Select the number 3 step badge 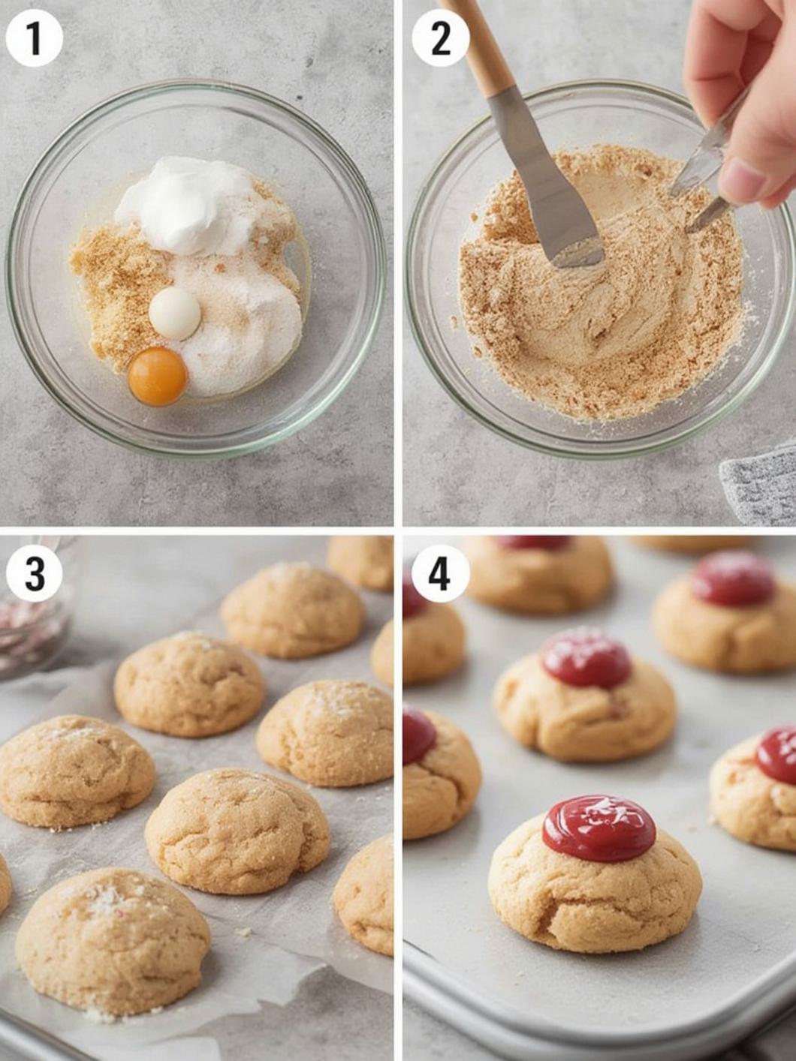35,574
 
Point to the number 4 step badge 441,574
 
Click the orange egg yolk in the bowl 158,376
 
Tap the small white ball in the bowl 174,313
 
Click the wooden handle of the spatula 480,46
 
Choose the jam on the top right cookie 732,579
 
